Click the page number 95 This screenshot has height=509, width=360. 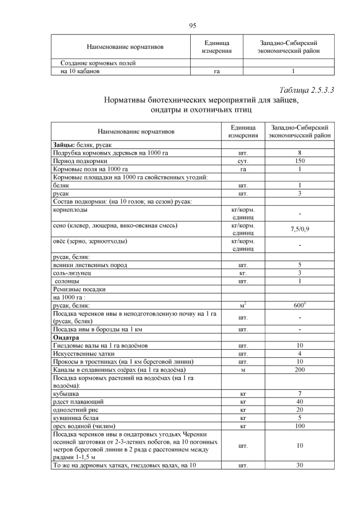click(192, 25)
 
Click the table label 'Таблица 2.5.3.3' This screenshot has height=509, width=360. click(307, 89)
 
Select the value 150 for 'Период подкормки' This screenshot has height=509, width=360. click(300, 160)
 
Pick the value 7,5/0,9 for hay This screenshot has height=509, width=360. click(300, 229)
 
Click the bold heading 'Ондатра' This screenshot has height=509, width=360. click(67, 337)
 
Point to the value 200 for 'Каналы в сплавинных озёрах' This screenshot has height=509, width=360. click(300, 370)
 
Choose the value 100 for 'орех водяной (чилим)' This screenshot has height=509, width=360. click(300, 426)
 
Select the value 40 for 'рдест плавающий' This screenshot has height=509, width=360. click(300, 402)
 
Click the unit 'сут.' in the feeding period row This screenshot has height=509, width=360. click(243, 160)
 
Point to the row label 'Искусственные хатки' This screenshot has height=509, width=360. click(86, 353)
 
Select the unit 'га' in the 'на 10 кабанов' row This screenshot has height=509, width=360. click(217, 71)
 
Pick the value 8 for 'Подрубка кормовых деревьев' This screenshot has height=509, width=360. click(300, 152)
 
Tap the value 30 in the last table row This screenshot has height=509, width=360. click(300, 465)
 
